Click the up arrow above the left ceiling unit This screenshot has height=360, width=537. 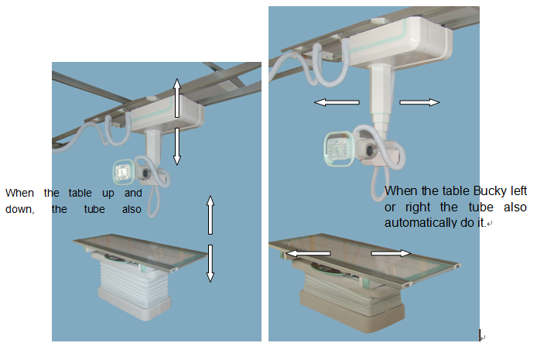tap(176, 98)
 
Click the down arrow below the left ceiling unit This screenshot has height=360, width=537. tap(176, 146)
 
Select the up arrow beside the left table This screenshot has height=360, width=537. tap(210, 216)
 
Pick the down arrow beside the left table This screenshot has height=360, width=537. tap(210, 263)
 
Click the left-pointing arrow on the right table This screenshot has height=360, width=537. tap(309, 253)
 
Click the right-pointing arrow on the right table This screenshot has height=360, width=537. tap(390, 252)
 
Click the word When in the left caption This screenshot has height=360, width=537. tap(20, 193)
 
